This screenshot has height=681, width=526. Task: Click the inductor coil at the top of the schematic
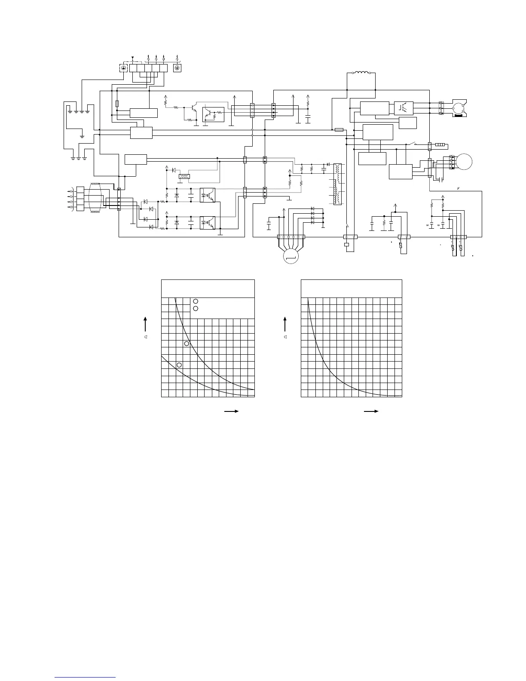coord(361,73)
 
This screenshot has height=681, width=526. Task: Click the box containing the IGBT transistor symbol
coord(404,107)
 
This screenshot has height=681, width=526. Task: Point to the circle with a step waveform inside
coord(291,257)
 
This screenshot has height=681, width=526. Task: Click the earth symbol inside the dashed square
coord(124,68)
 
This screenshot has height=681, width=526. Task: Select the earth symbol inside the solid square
coord(177,68)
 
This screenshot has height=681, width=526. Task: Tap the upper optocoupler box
coord(208,195)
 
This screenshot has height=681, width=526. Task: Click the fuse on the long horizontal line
coord(339,129)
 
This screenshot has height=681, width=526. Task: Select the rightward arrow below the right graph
coord(371,411)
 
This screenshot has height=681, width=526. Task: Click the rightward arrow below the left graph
coord(231,411)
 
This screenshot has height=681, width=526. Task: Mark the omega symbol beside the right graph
coord(285,337)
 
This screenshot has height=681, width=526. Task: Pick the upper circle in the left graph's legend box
coord(196,301)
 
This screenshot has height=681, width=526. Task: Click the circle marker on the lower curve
coord(179,365)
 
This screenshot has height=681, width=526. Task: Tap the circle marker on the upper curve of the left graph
coord(187,344)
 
